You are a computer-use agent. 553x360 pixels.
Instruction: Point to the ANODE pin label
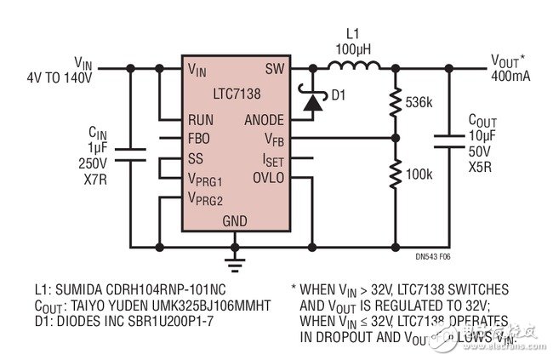click(264, 119)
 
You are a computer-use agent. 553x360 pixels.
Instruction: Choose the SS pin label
click(196, 158)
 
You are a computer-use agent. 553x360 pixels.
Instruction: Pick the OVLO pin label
click(269, 178)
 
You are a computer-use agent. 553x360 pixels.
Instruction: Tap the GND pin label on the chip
click(235, 220)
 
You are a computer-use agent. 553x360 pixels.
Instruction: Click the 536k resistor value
click(419, 101)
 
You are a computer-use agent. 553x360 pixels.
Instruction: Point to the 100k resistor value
click(419, 175)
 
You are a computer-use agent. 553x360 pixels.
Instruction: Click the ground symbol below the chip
click(235, 258)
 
